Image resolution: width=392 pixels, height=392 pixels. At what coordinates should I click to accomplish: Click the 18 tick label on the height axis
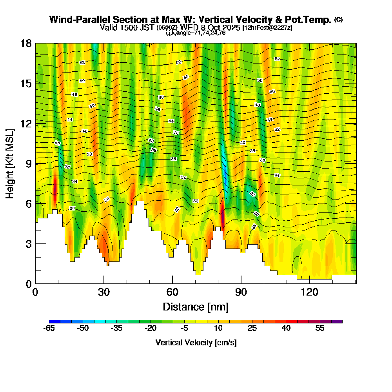[26, 43]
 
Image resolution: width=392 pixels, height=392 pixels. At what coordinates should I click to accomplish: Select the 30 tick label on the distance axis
[104, 292]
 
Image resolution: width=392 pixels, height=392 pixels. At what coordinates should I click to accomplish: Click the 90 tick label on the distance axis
[241, 292]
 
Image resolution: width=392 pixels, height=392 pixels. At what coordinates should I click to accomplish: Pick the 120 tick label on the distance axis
[310, 292]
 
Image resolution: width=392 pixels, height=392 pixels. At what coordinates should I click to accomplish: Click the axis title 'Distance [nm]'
[196, 307]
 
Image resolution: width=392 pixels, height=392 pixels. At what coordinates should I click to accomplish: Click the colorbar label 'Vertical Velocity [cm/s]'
[196, 343]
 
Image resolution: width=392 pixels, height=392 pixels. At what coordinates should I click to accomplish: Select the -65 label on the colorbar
[49, 328]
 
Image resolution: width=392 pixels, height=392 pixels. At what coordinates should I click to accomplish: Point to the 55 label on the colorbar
[320, 328]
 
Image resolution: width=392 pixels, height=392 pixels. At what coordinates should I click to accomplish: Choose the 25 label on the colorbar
[252, 328]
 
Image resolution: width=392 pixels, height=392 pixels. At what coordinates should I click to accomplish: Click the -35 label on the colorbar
[117, 328]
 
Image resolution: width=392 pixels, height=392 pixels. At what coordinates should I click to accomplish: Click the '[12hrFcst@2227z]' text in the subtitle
[267, 28]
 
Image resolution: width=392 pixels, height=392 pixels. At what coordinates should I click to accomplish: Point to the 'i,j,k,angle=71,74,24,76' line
[196, 33]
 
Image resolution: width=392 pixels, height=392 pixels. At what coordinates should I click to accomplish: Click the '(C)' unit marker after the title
[338, 20]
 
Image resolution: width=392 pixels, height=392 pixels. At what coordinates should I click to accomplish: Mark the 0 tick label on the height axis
[29, 283]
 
